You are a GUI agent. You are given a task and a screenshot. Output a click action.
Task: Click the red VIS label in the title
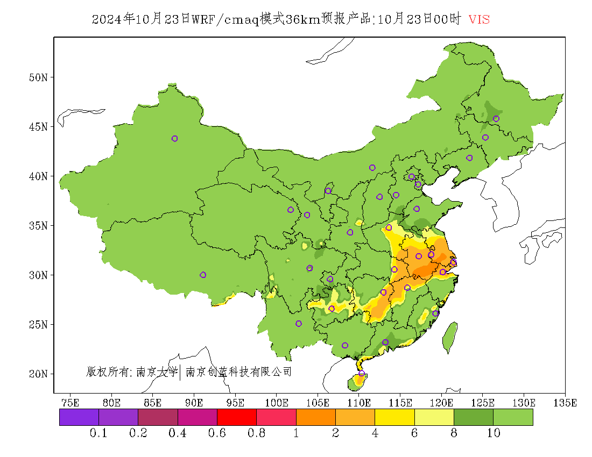[x=479, y=20]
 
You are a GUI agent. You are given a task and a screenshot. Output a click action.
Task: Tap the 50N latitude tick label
[x=38, y=77]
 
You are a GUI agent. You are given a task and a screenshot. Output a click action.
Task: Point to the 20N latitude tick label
[x=38, y=374]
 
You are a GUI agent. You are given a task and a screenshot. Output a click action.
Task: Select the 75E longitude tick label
[x=71, y=403]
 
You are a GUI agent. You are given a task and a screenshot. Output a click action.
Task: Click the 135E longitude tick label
[x=566, y=403]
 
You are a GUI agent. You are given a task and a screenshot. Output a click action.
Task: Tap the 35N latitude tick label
[x=38, y=226]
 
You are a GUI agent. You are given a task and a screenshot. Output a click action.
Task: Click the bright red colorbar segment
[x=237, y=417]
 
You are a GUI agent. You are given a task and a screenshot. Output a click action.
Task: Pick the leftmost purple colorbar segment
[x=79, y=417]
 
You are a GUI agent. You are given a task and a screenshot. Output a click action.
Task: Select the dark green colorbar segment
[x=474, y=417]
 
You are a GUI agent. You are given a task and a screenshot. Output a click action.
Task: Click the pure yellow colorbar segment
[x=394, y=417]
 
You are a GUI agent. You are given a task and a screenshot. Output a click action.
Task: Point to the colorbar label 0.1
[x=98, y=433]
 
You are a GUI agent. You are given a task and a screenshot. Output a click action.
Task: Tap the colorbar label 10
[x=494, y=433]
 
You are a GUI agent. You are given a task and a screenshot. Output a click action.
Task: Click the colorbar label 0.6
[x=217, y=433]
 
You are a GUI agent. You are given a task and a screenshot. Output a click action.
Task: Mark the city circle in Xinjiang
[x=174, y=139]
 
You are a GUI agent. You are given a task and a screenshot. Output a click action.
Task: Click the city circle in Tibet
[x=203, y=275]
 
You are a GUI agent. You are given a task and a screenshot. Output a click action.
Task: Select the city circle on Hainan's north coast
[x=362, y=373]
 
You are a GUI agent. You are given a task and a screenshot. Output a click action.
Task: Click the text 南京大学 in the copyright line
[x=157, y=372]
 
